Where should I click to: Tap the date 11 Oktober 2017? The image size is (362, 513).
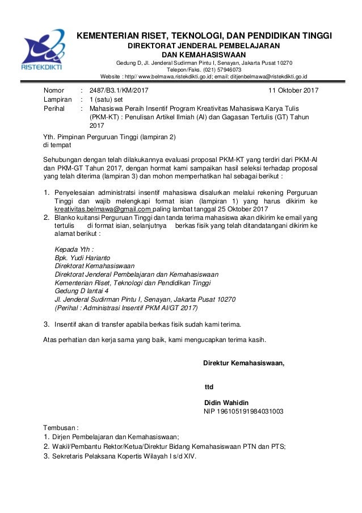tap(293, 90)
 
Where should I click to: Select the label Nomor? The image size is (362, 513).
tap(55, 90)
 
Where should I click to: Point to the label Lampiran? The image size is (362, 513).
tap(58, 99)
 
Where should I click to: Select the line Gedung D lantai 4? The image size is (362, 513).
tap(81, 290)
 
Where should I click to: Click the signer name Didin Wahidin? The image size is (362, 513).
tap(226, 402)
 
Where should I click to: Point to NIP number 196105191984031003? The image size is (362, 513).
tap(243, 411)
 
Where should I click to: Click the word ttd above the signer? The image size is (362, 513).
tap(209, 387)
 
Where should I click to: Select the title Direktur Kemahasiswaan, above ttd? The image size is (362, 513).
tap(244, 364)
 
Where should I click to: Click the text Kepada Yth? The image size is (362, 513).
tap(73, 249)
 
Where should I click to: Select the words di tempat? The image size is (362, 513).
tap(58, 145)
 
